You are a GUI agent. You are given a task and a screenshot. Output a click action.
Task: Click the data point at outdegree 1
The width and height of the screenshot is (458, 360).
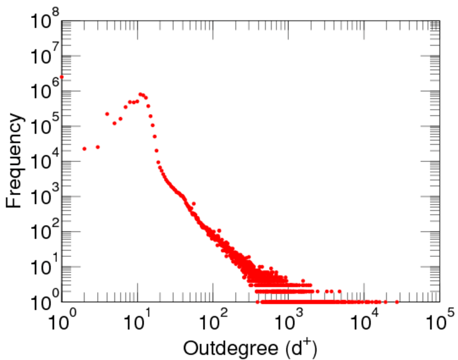tap(62, 77)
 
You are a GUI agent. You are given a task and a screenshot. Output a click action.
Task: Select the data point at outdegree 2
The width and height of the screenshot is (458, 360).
tap(85, 149)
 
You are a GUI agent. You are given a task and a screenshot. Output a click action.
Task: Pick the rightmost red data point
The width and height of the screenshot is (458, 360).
tap(396, 302)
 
